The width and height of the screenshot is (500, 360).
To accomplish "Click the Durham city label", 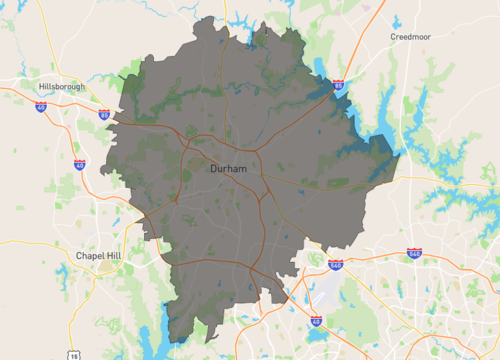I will coord(229,169).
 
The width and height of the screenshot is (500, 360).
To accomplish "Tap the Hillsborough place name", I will coord(67,87).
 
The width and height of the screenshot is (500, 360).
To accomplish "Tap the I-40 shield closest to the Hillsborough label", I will coord(41,106).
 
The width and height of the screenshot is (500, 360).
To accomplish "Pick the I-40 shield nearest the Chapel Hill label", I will coord(79,164).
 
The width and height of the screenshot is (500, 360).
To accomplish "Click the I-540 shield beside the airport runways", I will coord(335,265).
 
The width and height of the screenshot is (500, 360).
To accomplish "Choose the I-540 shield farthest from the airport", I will coord(414,255).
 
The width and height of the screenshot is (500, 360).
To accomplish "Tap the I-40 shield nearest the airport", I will coord(316,321).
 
